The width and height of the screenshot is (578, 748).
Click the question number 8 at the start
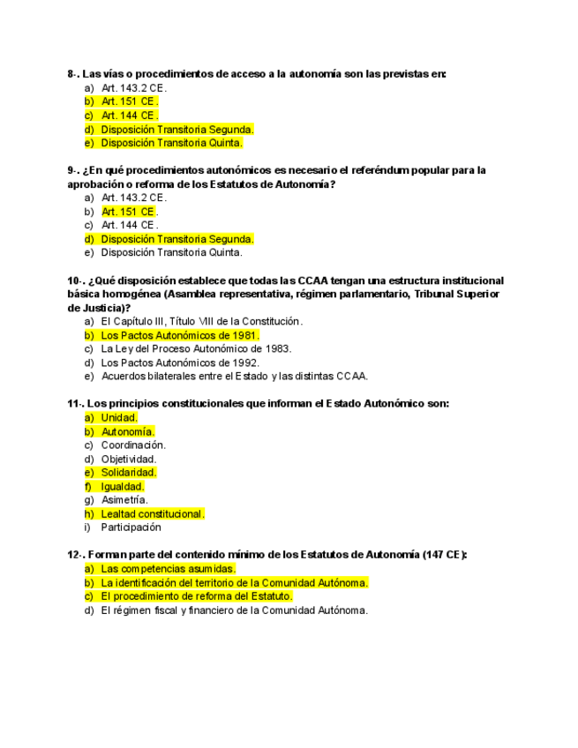[72, 75]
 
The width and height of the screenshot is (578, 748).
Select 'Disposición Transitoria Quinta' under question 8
[171, 143]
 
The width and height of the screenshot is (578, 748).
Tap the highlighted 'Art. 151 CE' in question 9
[129, 212]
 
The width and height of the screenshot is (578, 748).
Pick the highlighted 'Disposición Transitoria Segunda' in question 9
[176, 239]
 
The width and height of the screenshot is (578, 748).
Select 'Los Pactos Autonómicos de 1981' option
[180, 335]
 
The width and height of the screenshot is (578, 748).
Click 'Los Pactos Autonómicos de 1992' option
[180, 363]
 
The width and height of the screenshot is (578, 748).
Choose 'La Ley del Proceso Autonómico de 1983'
[196, 349]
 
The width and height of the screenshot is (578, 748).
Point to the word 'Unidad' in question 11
[118, 418]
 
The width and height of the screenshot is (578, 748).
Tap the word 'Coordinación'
[133, 445]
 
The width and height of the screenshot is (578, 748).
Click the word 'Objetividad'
[129, 459]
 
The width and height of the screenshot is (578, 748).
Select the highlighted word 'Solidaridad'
[129, 473]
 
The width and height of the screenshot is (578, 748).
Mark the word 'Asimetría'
[124, 500]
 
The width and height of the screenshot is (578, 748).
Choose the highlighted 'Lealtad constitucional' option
[152, 514]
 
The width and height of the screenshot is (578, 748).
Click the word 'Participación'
[131, 527]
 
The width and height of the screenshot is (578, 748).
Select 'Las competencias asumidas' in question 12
[168, 569]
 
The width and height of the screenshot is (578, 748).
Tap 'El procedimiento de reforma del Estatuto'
[196, 596]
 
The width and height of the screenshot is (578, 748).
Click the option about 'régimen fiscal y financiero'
[234, 610]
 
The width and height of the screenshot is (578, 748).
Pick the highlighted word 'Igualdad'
[123, 487]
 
